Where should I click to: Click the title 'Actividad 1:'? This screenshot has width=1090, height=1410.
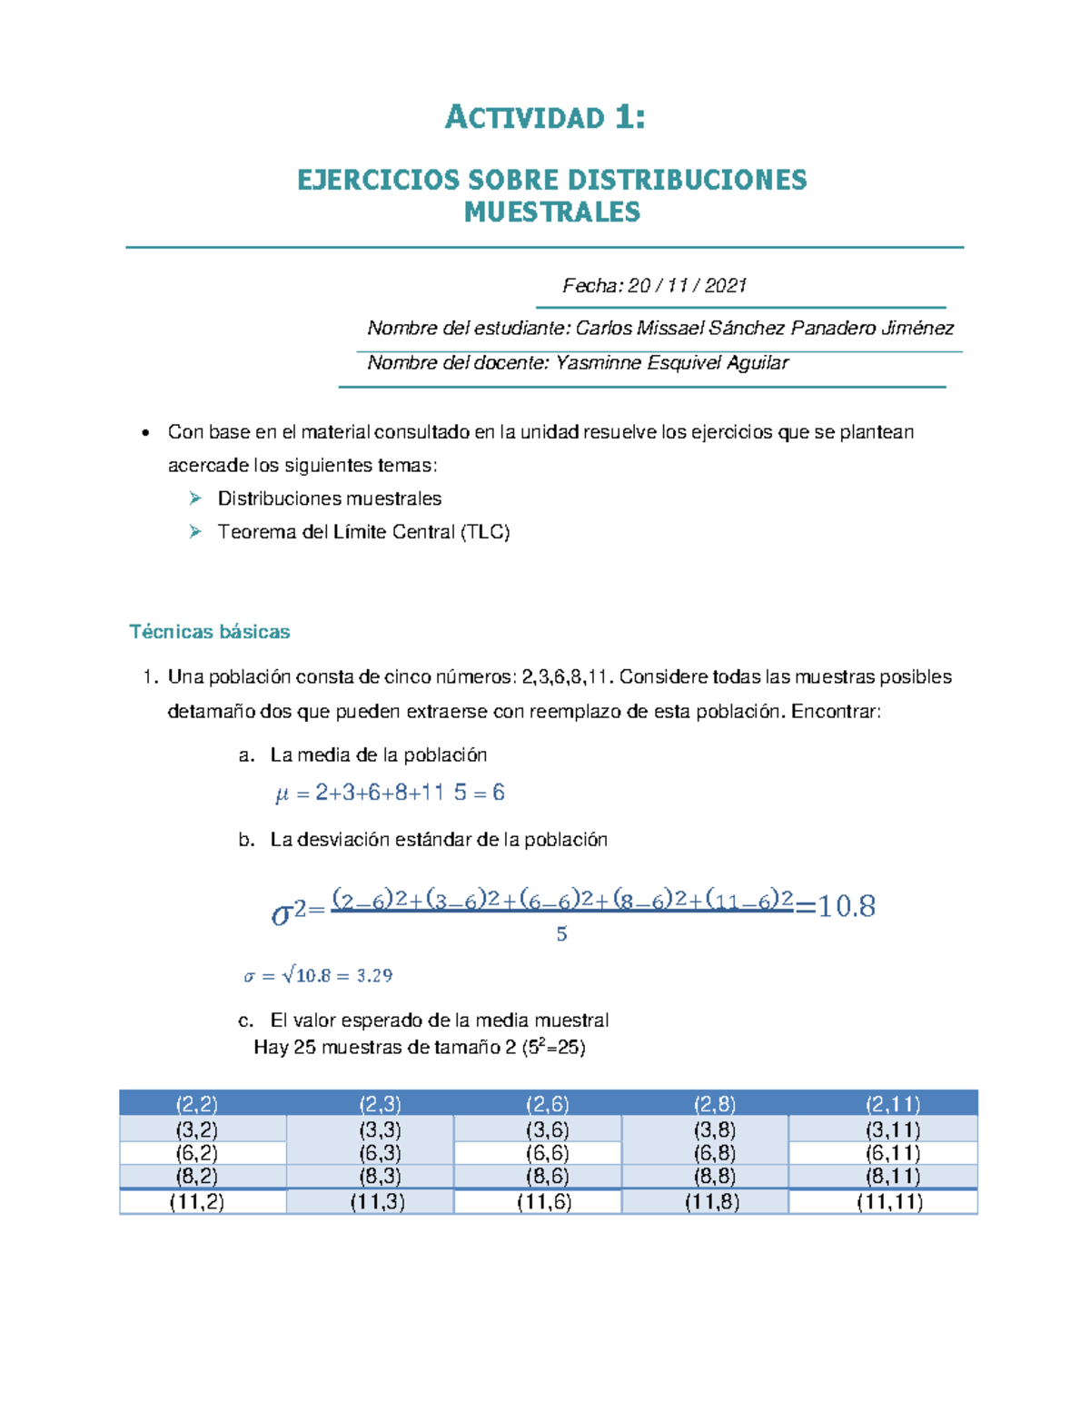coord(545,117)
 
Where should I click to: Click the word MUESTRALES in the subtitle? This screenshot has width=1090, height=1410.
coord(552,212)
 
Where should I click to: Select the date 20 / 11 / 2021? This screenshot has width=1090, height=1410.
coord(688,286)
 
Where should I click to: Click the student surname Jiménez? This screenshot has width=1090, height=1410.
coord(917,328)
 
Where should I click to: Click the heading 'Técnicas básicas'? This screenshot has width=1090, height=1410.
coord(210,632)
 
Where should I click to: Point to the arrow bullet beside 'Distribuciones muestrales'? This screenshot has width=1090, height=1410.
coord(194,498)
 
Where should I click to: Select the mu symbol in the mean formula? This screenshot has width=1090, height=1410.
coord(282,794)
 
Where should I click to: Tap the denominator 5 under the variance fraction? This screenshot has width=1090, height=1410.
coord(561,934)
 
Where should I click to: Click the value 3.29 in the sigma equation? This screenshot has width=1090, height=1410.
coord(374,976)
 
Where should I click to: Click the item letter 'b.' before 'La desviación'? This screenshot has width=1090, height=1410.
coord(247,840)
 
